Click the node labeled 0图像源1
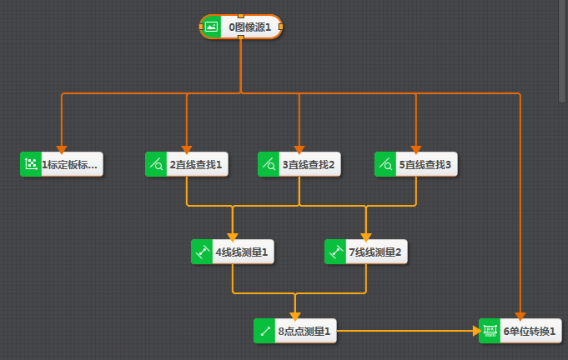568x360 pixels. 249,27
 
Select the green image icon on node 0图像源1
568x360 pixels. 212,27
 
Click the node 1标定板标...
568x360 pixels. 69,164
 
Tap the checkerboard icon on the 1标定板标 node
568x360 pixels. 31,164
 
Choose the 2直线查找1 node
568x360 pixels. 196,164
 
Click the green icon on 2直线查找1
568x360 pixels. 156,164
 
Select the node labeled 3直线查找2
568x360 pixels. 309,164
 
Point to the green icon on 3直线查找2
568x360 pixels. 269,164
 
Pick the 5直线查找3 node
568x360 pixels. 425,164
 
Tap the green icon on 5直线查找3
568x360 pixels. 385,164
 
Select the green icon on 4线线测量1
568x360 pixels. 202,251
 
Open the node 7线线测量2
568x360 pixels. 375,251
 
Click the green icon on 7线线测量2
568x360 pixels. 335,251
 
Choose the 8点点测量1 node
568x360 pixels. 304,331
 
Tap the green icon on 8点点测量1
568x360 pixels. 264,331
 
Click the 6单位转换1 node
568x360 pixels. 530,331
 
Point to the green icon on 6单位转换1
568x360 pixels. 490,331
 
